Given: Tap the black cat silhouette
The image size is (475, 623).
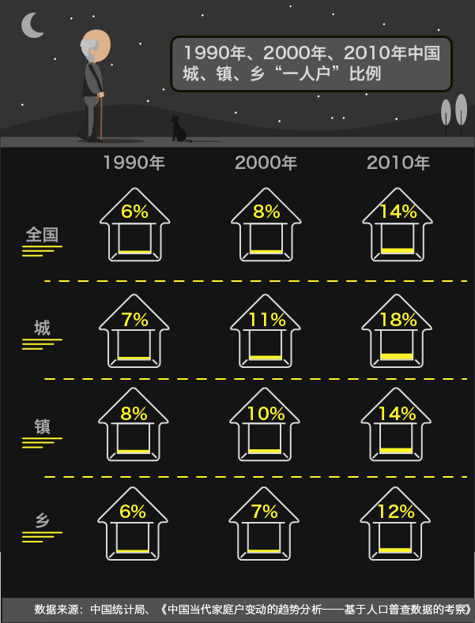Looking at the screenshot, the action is click(179, 129).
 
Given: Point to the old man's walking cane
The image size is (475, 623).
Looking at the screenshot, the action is click(101, 116).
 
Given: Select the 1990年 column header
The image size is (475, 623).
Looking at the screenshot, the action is click(134, 163).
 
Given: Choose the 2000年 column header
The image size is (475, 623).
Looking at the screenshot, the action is click(266, 163).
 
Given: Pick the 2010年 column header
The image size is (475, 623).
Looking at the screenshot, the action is click(398, 163).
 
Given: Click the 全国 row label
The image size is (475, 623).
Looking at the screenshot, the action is click(42, 235).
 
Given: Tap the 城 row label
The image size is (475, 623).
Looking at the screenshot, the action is click(42, 328).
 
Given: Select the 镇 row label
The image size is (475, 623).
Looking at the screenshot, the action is click(42, 427).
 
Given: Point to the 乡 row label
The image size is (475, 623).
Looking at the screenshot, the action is click(42, 520).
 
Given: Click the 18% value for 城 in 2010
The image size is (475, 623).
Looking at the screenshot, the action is click(398, 320).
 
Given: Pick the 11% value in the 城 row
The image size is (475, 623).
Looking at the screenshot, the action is click(267, 320).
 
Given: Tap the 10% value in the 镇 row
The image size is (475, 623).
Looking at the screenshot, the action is click(266, 414).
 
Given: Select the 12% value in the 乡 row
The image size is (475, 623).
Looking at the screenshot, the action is click(396, 512).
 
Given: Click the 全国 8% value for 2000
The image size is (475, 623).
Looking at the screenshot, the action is click(266, 212).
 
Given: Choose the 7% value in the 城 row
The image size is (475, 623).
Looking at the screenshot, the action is click(135, 320).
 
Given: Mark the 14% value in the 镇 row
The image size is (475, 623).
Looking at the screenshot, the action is click(397, 414).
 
